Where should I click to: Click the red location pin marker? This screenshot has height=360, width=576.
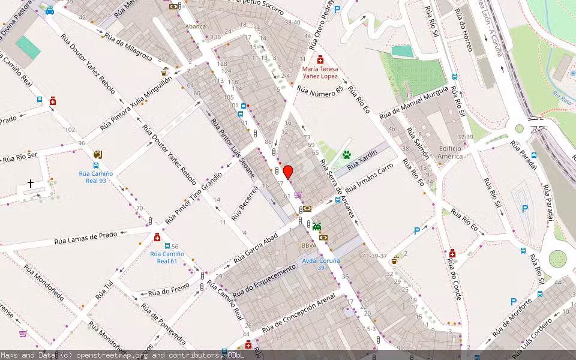[x=288, y=172]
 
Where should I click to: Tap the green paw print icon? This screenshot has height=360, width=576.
[x=346, y=154]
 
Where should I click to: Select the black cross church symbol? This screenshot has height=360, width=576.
[x=31, y=183]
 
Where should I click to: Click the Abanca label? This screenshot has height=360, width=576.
[x=195, y=26]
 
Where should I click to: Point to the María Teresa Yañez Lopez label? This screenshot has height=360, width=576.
[x=320, y=73]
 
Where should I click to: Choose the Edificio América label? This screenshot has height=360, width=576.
[x=450, y=152]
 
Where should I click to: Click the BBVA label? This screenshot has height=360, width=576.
[x=309, y=245]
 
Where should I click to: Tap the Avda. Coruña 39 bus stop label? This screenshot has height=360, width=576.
[x=321, y=264]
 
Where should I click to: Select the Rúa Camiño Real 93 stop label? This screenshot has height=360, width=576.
[x=96, y=177]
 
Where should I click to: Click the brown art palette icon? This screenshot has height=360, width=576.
[x=98, y=154]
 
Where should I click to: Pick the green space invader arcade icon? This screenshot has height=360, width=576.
[x=316, y=226]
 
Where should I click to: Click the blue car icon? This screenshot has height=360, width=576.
[x=49, y=10]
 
